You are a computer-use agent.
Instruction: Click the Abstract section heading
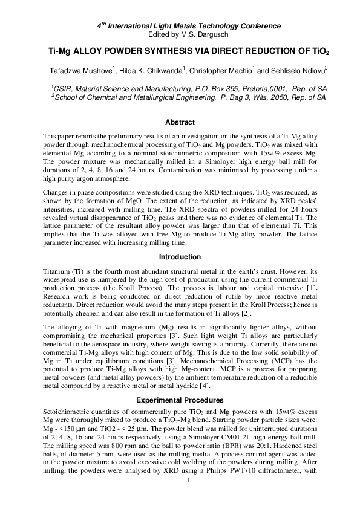(x=180, y=122)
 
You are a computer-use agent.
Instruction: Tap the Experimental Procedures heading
(x=180, y=400)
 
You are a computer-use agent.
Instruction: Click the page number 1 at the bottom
(x=189, y=497)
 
